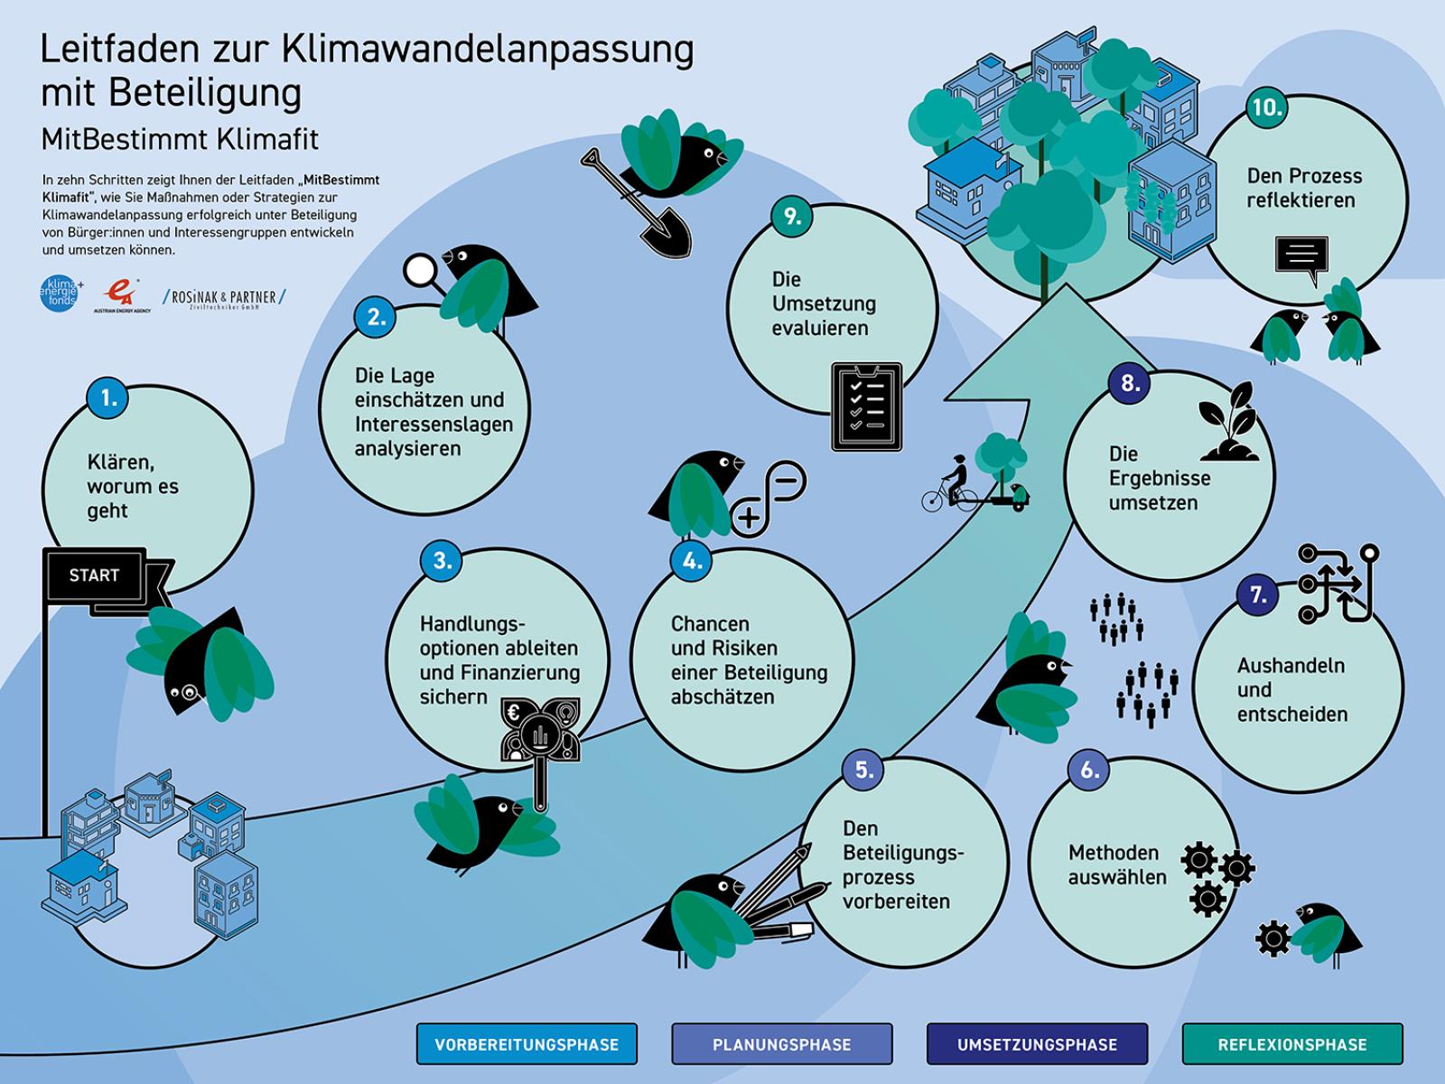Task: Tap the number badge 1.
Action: [108, 398]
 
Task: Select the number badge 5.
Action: [863, 770]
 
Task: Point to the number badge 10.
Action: [1266, 107]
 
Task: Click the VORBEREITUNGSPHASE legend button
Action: [527, 1044]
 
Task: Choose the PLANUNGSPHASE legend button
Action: [782, 1044]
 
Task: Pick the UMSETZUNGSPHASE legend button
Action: [1038, 1044]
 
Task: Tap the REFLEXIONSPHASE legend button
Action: [1292, 1044]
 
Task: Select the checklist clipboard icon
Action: [866, 406]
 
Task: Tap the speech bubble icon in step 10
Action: [1301, 257]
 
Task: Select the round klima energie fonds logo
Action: [61, 293]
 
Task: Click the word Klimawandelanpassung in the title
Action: [488, 50]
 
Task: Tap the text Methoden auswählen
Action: [1117, 864]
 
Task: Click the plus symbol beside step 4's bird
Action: [749, 517]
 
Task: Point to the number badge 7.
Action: [1257, 595]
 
